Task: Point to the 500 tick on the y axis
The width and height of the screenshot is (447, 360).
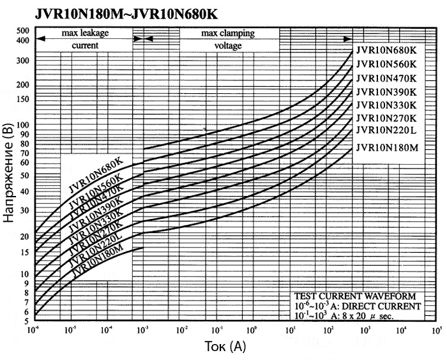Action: tap(23, 31)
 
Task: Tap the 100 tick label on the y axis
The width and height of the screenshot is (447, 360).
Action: tap(23, 125)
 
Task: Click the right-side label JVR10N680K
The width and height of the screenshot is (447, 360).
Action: tap(386, 50)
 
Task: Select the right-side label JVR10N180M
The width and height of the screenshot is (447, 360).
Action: tap(386, 148)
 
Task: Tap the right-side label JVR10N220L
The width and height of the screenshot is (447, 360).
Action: tap(386, 130)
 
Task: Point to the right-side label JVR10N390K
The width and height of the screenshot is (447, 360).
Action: tap(386, 92)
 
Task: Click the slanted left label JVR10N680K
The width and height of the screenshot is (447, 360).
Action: tap(96, 174)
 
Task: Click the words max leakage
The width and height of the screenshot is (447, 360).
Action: tap(84, 33)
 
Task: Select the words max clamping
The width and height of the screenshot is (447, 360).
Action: tap(229, 33)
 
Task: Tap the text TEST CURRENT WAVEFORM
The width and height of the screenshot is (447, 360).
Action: tap(354, 297)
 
